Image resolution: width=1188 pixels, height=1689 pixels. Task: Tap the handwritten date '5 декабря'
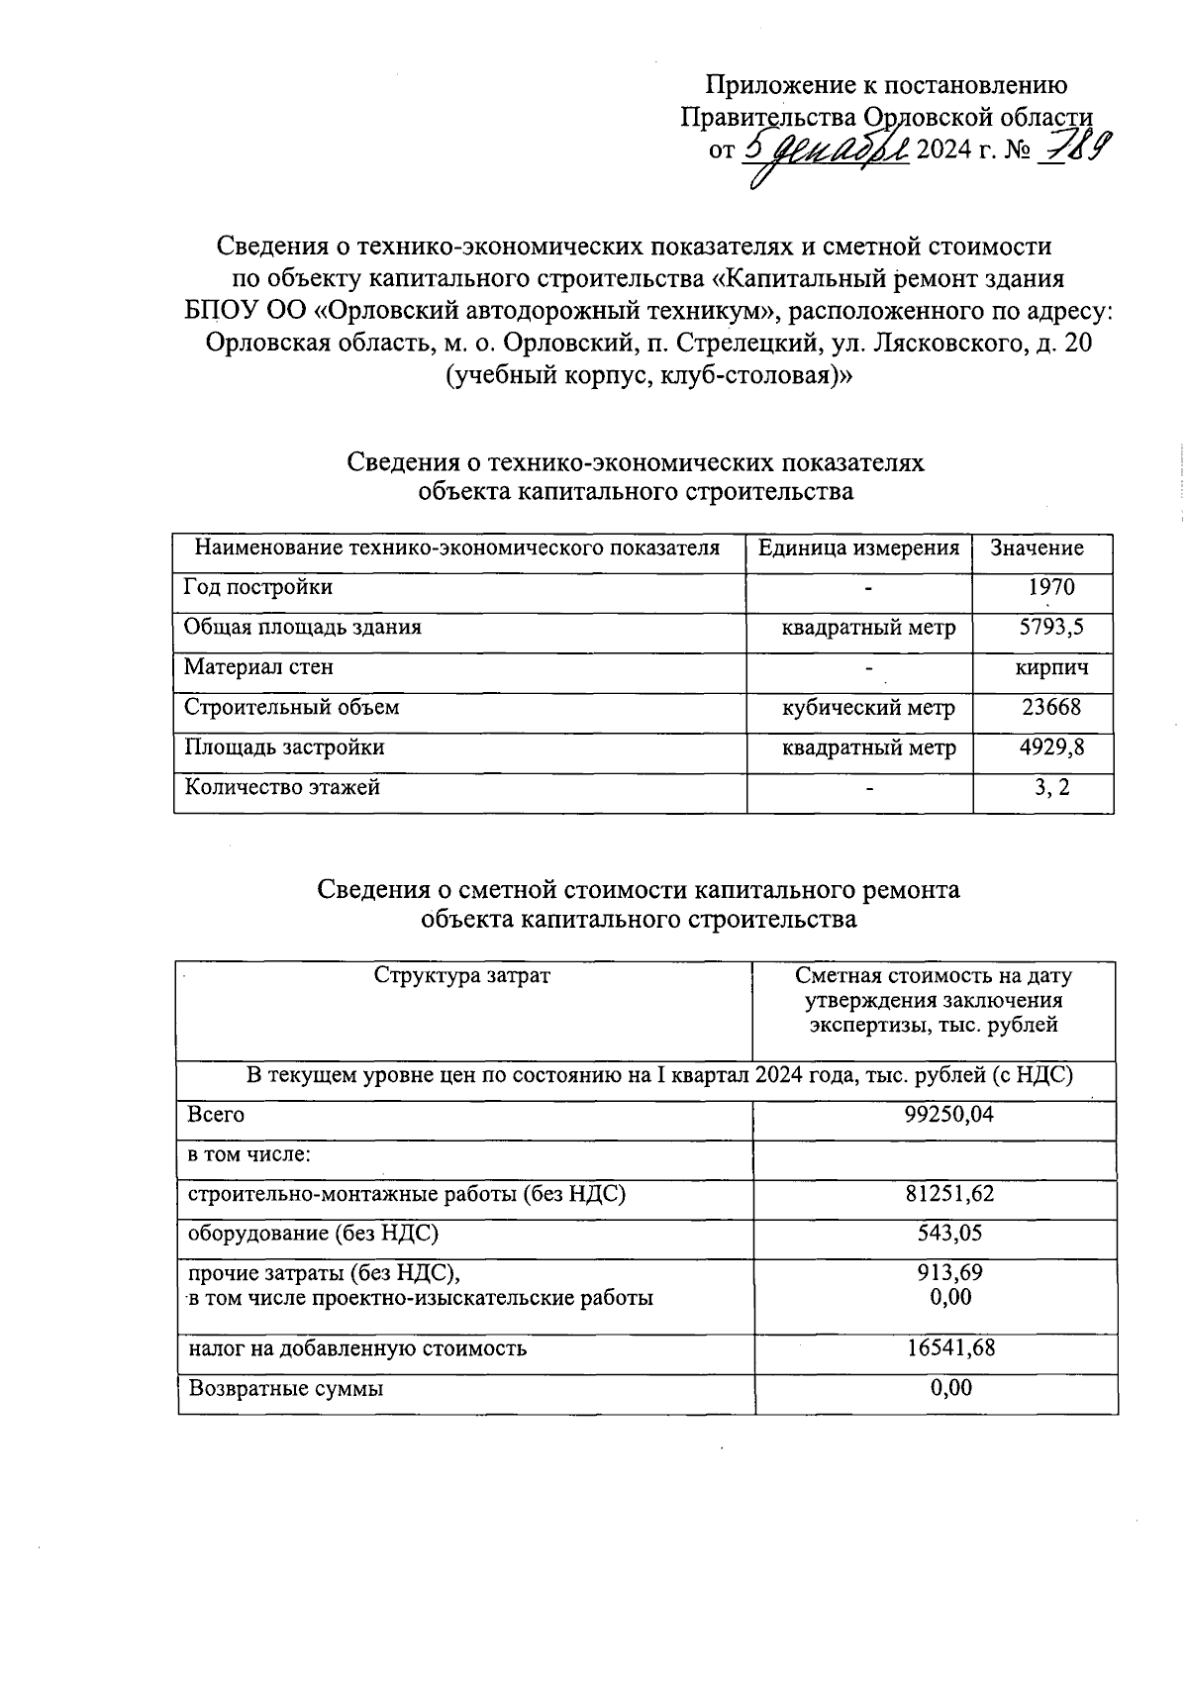pyautogui.click(x=824, y=150)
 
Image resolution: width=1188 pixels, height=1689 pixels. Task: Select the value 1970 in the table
pyautogui.click(x=1050, y=587)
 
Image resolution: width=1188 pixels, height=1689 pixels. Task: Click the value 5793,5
pyautogui.click(x=1050, y=628)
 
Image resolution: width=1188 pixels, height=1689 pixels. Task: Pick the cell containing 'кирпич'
pyautogui.click(x=1051, y=668)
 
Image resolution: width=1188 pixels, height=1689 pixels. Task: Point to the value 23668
pyautogui.click(x=1050, y=708)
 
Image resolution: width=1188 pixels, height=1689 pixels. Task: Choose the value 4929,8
pyautogui.click(x=1051, y=748)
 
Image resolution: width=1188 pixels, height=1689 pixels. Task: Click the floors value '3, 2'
pyautogui.click(x=1050, y=788)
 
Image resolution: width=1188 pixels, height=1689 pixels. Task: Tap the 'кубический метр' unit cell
pyautogui.click(x=868, y=708)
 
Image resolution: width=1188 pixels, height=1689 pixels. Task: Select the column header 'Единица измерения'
pyautogui.click(x=858, y=548)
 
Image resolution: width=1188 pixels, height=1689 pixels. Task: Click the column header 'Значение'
pyautogui.click(x=1037, y=548)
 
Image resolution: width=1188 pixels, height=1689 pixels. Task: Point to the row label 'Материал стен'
pyautogui.click(x=258, y=667)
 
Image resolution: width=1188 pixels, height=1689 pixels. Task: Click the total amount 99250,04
pyautogui.click(x=948, y=1115)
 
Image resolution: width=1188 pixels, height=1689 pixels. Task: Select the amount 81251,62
pyautogui.click(x=948, y=1195)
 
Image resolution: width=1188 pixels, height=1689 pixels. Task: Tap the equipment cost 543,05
pyautogui.click(x=948, y=1234)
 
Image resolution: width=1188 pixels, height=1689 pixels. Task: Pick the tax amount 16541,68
pyautogui.click(x=949, y=1348)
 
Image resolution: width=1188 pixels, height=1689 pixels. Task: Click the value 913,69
pyautogui.click(x=949, y=1273)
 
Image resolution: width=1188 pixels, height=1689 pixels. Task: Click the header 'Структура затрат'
pyautogui.click(x=461, y=976)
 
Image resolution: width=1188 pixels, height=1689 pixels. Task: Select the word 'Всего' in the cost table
pyautogui.click(x=216, y=1115)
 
